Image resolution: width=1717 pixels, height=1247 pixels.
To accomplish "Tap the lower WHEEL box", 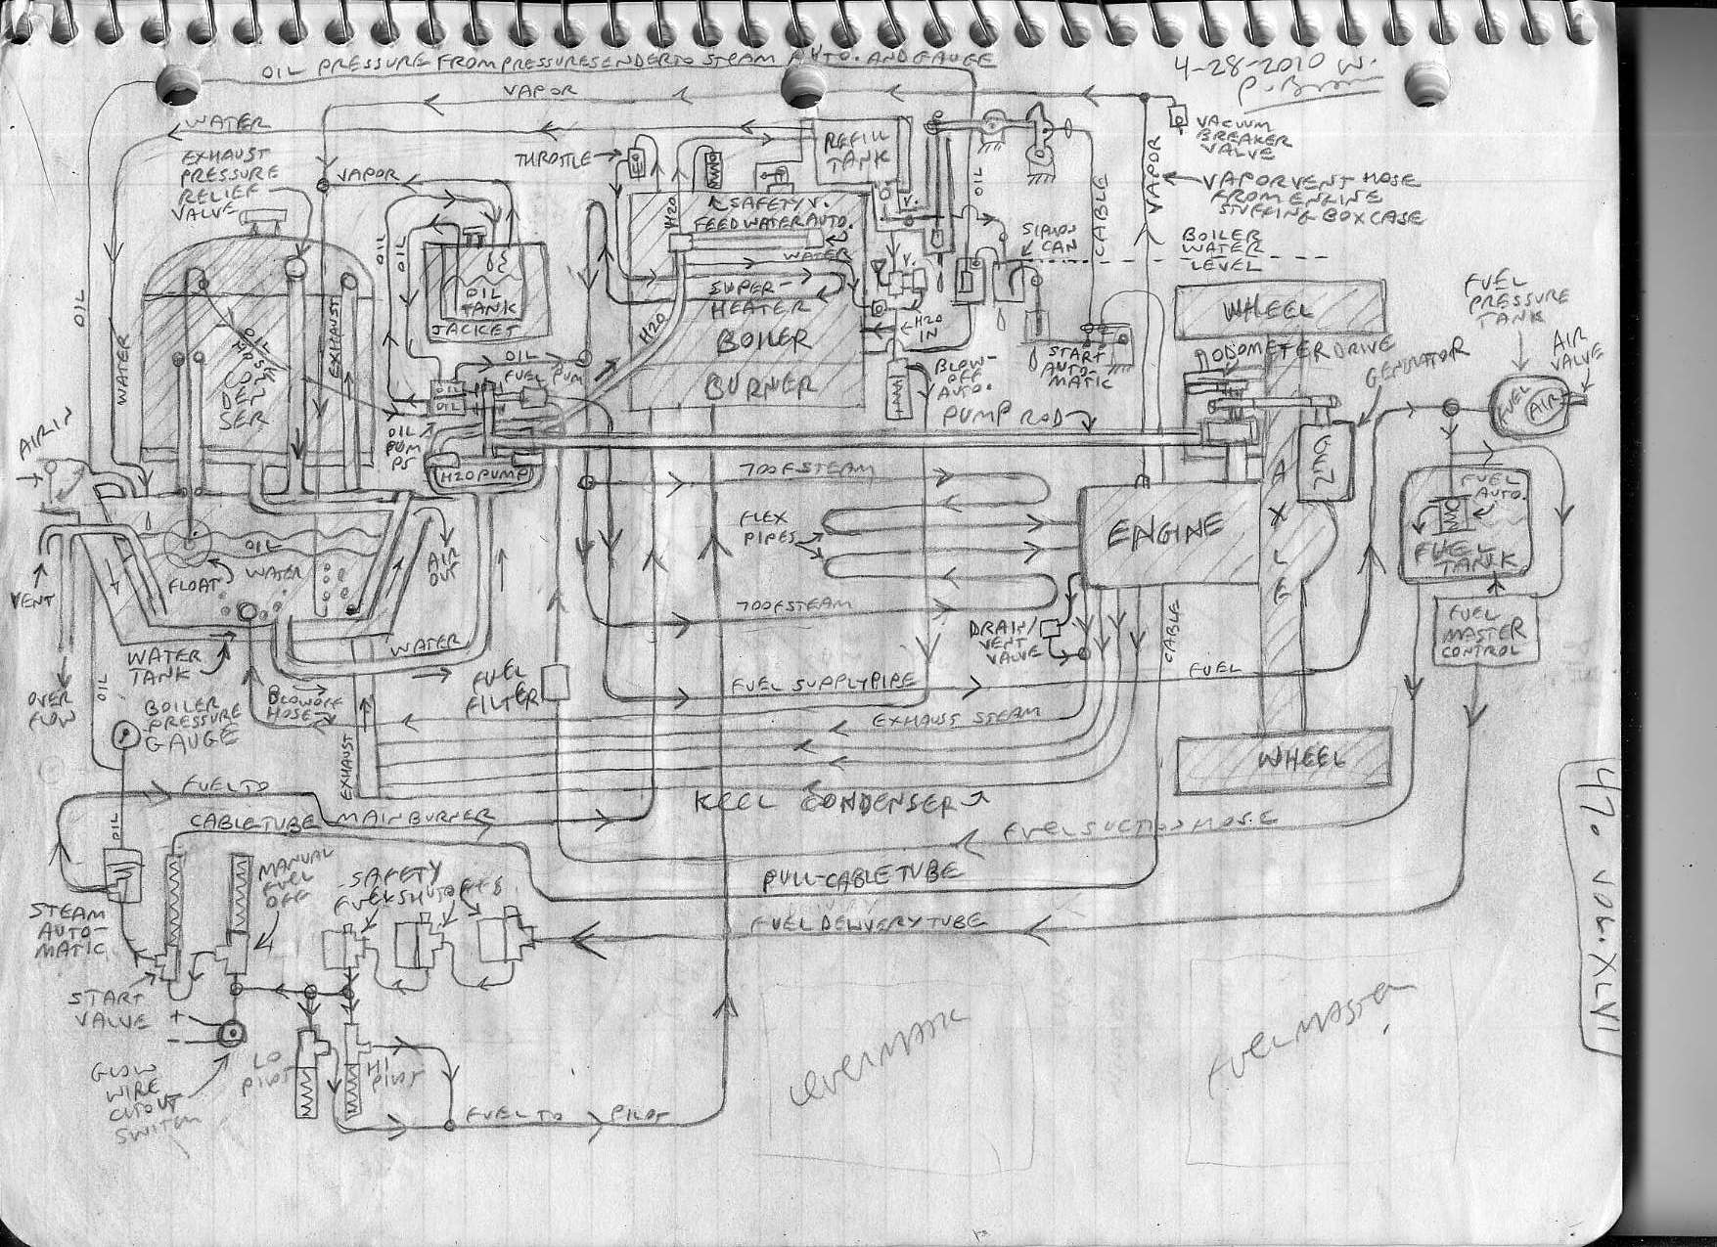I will [x=1282, y=758].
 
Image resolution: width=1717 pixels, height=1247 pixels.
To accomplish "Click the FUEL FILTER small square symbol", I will [x=555, y=682].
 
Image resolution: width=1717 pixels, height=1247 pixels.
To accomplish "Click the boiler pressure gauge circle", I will [x=125, y=734].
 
